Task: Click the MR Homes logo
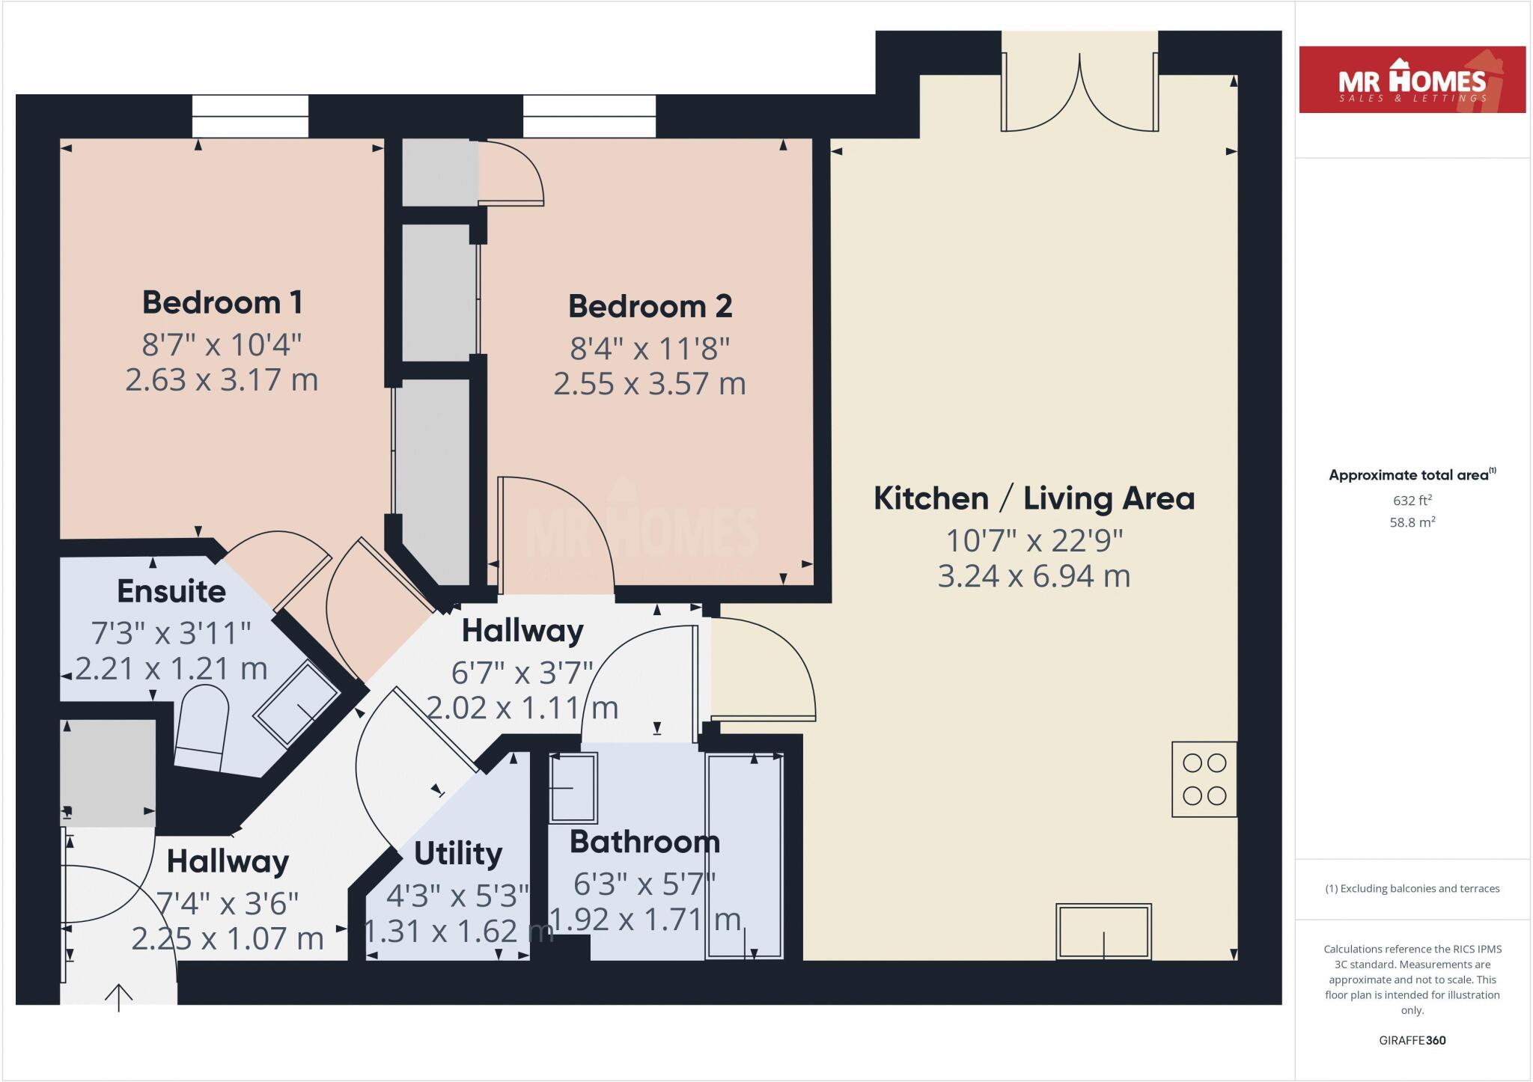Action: [x=1412, y=80]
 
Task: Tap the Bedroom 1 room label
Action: [x=222, y=302]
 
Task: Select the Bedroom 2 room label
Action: [x=650, y=306]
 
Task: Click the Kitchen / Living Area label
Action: [x=1034, y=498]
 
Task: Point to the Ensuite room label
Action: [x=171, y=591]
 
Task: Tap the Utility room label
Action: [x=457, y=853]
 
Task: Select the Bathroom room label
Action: [x=644, y=842]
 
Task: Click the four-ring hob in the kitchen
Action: [x=1204, y=779]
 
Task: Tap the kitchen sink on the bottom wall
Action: [x=1103, y=932]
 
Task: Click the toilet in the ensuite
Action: [x=202, y=729]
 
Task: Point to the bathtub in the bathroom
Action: [x=745, y=856]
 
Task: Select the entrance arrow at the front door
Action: [x=119, y=997]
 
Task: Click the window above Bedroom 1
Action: [x=250, y=117]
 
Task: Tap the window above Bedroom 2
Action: [x=589, y=117]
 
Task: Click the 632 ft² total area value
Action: [x=1412, y=501]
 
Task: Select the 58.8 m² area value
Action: [x=1412, y=522]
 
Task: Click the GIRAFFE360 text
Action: [x=1412, y=1040]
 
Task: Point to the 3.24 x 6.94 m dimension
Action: [x=1034, y=576]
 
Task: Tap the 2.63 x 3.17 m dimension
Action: [x=222, y=380]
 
